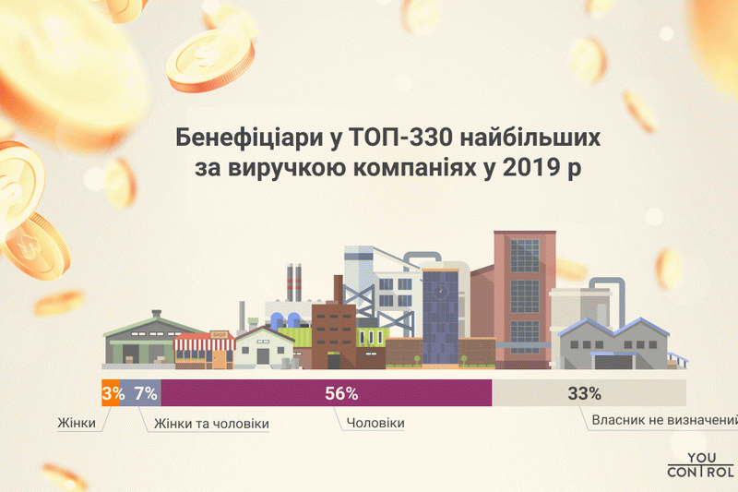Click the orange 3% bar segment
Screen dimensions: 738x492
111,392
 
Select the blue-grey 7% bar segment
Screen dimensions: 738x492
140,392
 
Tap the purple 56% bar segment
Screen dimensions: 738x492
327,392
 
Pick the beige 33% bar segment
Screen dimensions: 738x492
589,392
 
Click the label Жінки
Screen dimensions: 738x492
77,423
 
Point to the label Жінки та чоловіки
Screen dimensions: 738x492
211,424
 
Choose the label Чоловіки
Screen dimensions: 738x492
375,423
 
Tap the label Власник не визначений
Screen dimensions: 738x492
664,420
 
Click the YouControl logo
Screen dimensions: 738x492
701,464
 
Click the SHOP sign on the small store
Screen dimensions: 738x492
220,335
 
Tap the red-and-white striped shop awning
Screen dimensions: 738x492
205,342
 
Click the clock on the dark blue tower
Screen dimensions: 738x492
441,290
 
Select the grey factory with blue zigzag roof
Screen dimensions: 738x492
614,343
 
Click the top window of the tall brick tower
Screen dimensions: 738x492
525,256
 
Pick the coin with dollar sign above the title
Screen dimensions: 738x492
210,59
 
